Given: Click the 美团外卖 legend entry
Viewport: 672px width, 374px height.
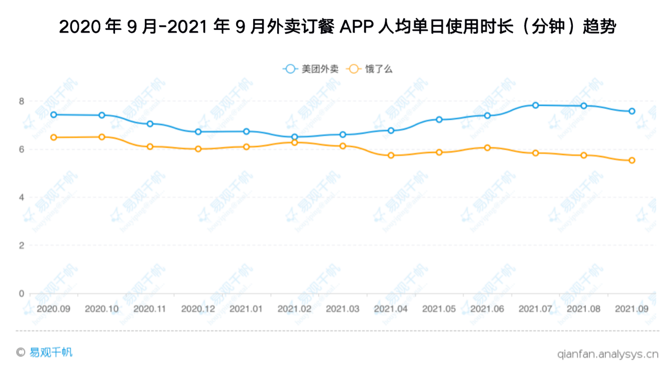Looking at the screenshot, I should (x=310, y=69).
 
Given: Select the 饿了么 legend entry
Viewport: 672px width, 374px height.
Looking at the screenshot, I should (x=371, y=69).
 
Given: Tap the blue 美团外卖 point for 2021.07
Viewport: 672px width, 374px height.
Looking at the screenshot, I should (x=535, y=105).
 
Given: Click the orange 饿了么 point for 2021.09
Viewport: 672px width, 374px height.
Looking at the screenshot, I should (x=632, y=160).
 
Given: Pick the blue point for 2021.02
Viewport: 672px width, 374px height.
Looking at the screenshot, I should (x=295, y=137).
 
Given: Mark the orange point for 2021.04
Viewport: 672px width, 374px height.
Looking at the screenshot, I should (x=391, y=155).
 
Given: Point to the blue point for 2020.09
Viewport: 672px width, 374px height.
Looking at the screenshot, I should (x=54, y=115).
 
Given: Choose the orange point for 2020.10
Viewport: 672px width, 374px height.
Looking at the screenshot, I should (x=102, y=137).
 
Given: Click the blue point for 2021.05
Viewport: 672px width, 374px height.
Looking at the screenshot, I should (x=439, y=120).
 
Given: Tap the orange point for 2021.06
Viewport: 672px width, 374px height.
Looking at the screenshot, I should (x=487, y=148).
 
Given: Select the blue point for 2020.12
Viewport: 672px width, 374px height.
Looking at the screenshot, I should (x=198, y=132).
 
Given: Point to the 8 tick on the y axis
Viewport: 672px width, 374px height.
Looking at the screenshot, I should (x=22, y=101).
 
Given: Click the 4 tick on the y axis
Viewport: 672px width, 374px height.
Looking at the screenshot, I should (x=22, y=198).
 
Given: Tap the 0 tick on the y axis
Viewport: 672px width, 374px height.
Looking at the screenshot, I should (x=22, y=294).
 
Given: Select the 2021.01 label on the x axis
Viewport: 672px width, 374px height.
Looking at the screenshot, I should (x=246, y=309).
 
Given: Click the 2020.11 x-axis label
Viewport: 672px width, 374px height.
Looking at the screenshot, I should (x=150, y=309).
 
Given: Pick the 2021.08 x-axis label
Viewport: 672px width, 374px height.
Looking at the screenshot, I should (x=584, y=309).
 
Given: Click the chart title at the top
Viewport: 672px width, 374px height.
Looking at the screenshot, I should (x=337, y=27).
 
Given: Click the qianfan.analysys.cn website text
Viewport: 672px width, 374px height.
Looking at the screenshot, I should (x=607, y=354).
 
